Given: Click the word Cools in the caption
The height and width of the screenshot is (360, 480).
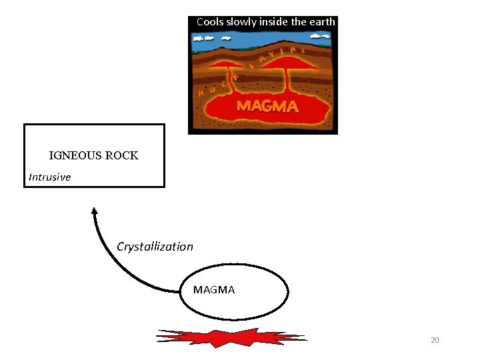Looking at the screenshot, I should pyautogui.click(x=210, y=22).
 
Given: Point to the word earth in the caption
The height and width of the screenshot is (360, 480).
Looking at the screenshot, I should pyautogui.click(x=323, y=22).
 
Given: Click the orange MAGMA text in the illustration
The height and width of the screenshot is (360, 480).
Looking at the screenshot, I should pyautogui.click(x=268, y=106).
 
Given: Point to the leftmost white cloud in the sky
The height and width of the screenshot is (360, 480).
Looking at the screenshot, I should pyautogui.click(x=200, y=38).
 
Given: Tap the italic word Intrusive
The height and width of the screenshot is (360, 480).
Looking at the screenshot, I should pyautogui.click(x=49, y=177).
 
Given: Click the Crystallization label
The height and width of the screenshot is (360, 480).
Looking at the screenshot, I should pyautogui.click(x=155, y=247).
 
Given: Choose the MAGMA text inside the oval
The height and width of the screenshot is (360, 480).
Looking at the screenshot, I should pyautogui.click(x=214, y=290).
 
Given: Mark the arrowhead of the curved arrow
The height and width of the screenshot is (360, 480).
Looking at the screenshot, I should pyautogui.click(x=95, y=211).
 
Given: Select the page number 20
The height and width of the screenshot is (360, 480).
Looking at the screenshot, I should pyautogui.click(x=435, y=341).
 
